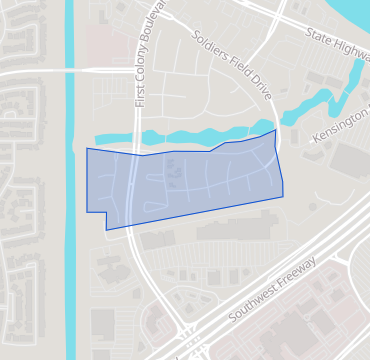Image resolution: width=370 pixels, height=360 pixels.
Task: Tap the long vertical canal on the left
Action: coord(70,200)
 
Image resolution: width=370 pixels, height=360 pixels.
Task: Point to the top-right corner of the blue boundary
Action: coord(276,129)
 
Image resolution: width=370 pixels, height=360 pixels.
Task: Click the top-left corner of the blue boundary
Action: coord(87,148)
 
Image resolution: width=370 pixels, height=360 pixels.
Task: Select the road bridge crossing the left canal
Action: coord(70,72)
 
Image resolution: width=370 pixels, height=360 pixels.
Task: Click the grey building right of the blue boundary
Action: coord(350,160)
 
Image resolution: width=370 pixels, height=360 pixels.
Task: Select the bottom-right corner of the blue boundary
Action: coord(283,196)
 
